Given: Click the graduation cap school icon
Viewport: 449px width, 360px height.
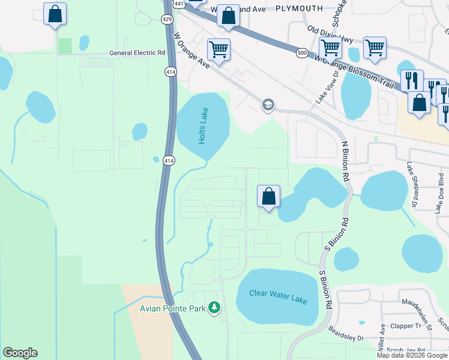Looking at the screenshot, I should tap(268, 105).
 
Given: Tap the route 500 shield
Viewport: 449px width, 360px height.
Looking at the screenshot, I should tap(302, 54).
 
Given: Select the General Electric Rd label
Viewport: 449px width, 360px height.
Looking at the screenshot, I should tap(137, 53).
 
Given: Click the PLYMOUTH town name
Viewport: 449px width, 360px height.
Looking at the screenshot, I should tap(299, 8).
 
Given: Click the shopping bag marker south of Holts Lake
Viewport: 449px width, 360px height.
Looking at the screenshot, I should tap(268, 196).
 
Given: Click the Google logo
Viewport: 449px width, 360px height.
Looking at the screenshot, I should tap(20, 353).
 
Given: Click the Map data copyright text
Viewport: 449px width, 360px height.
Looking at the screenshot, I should tap(412, 355).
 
